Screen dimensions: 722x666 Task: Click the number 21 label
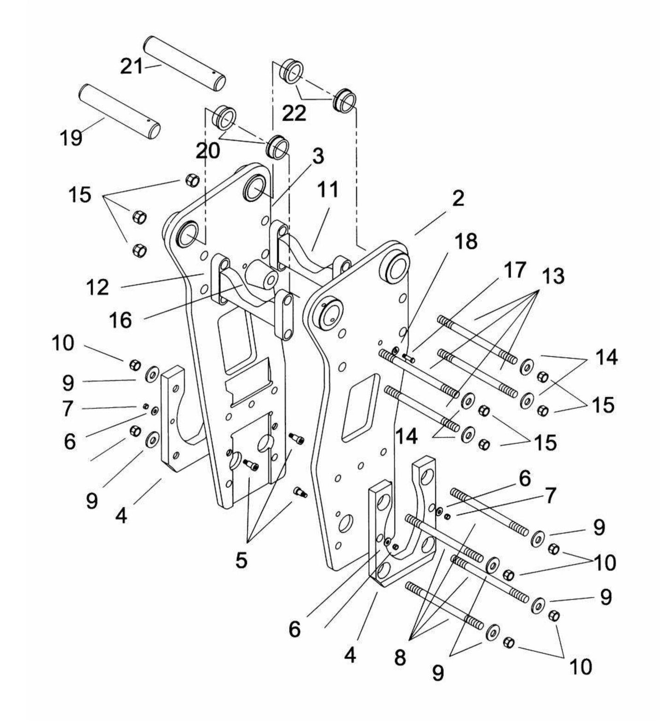click(132, 66)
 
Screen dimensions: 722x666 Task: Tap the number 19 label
click(71, 137)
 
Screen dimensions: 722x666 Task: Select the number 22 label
click(294, 113)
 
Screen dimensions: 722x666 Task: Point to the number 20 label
click(208, 150)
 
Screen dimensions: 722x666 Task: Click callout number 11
click(328, 189)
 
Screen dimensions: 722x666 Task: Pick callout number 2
click(458, 199)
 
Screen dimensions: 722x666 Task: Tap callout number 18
click(466, 241)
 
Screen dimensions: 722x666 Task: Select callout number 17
click(515, 270)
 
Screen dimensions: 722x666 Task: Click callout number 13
click(553, 276)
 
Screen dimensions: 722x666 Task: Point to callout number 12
click(98, 287)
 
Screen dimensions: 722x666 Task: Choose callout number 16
click(121, 320)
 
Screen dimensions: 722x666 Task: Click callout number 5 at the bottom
click(242, 560)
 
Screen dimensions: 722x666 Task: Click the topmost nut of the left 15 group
click(192, 180)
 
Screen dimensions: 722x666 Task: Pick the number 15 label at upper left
click(80, 195)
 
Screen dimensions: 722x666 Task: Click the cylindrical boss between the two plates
click(262, 275)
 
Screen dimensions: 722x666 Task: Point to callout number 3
click(318, 157)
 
